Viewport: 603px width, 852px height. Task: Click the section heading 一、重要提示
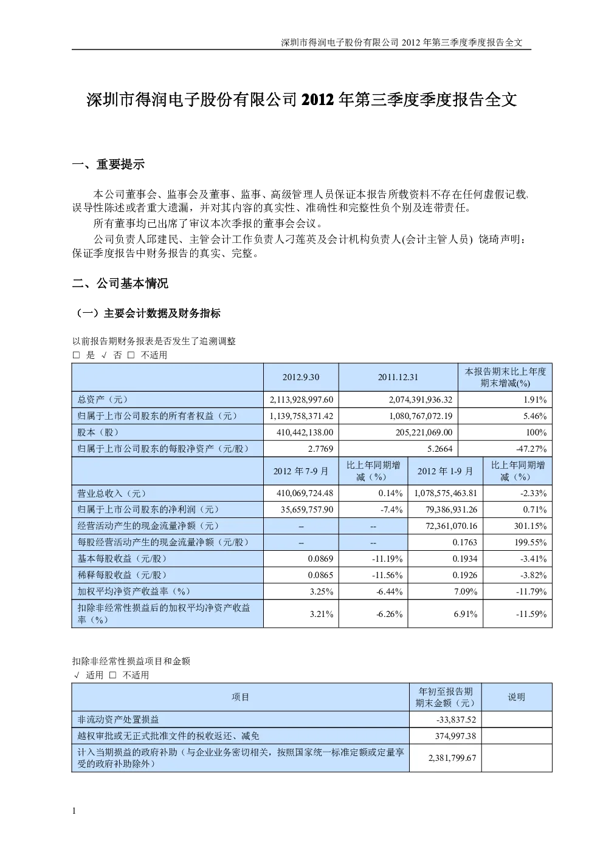pyautogui.click(x=108, y=165)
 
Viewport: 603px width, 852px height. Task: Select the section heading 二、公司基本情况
pyautogui.click(x=120, y=284)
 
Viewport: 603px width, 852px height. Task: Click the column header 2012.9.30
pyautogui.click(x=301, y=377)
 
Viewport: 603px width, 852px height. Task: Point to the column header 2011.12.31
pyautogui.click(x=398, y=377)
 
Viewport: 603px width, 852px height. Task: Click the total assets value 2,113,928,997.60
pyautogui.click(x=301, y=400)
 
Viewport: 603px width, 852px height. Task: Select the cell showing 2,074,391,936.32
pyautogui.click(x=421, y=400)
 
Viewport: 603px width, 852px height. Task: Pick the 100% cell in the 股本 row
pyautogui.click(x=536, y=432)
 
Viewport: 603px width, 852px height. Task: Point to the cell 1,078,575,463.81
pyautogui.click(x=446, y=493)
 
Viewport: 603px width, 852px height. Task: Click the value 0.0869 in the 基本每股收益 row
pyautogui.click(x=320, y=559)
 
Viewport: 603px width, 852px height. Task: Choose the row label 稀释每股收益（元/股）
pyautogui.click(x=122, y=575)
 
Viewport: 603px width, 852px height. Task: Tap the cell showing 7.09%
pyautogui.click(x=465, y=591)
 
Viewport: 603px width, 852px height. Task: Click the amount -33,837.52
pyautogui.click(x=456, y=720)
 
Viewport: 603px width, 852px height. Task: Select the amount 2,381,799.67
pyautogui.click(x=452, y=758)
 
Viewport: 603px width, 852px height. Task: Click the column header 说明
pyautogui.click(x=517, y=697)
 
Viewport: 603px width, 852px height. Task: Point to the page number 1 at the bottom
pyautogui.click(x=74, y=811)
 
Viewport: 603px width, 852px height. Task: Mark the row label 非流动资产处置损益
pyautogui.click(x=118, y=720)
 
